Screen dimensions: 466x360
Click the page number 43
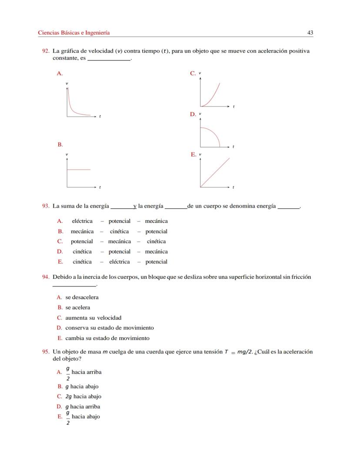point(310,33)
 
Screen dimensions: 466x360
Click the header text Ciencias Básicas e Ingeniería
point(73,33)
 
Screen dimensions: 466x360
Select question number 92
point(45,51)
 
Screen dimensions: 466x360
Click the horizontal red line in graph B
point(79,169)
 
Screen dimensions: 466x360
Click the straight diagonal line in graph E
point(215,172)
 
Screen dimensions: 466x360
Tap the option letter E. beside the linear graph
point(193,154)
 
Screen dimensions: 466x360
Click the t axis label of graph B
point(100,187)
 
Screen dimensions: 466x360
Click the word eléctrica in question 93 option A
point(82,221)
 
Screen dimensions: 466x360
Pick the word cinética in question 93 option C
point(156,241)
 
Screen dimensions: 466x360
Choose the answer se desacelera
point(82,298)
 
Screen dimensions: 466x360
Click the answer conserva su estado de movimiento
point(109,328)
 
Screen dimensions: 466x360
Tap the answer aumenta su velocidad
point(93,318)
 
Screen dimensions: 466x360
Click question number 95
point(45,352)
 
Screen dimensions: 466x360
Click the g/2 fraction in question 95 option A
point(68,372)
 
